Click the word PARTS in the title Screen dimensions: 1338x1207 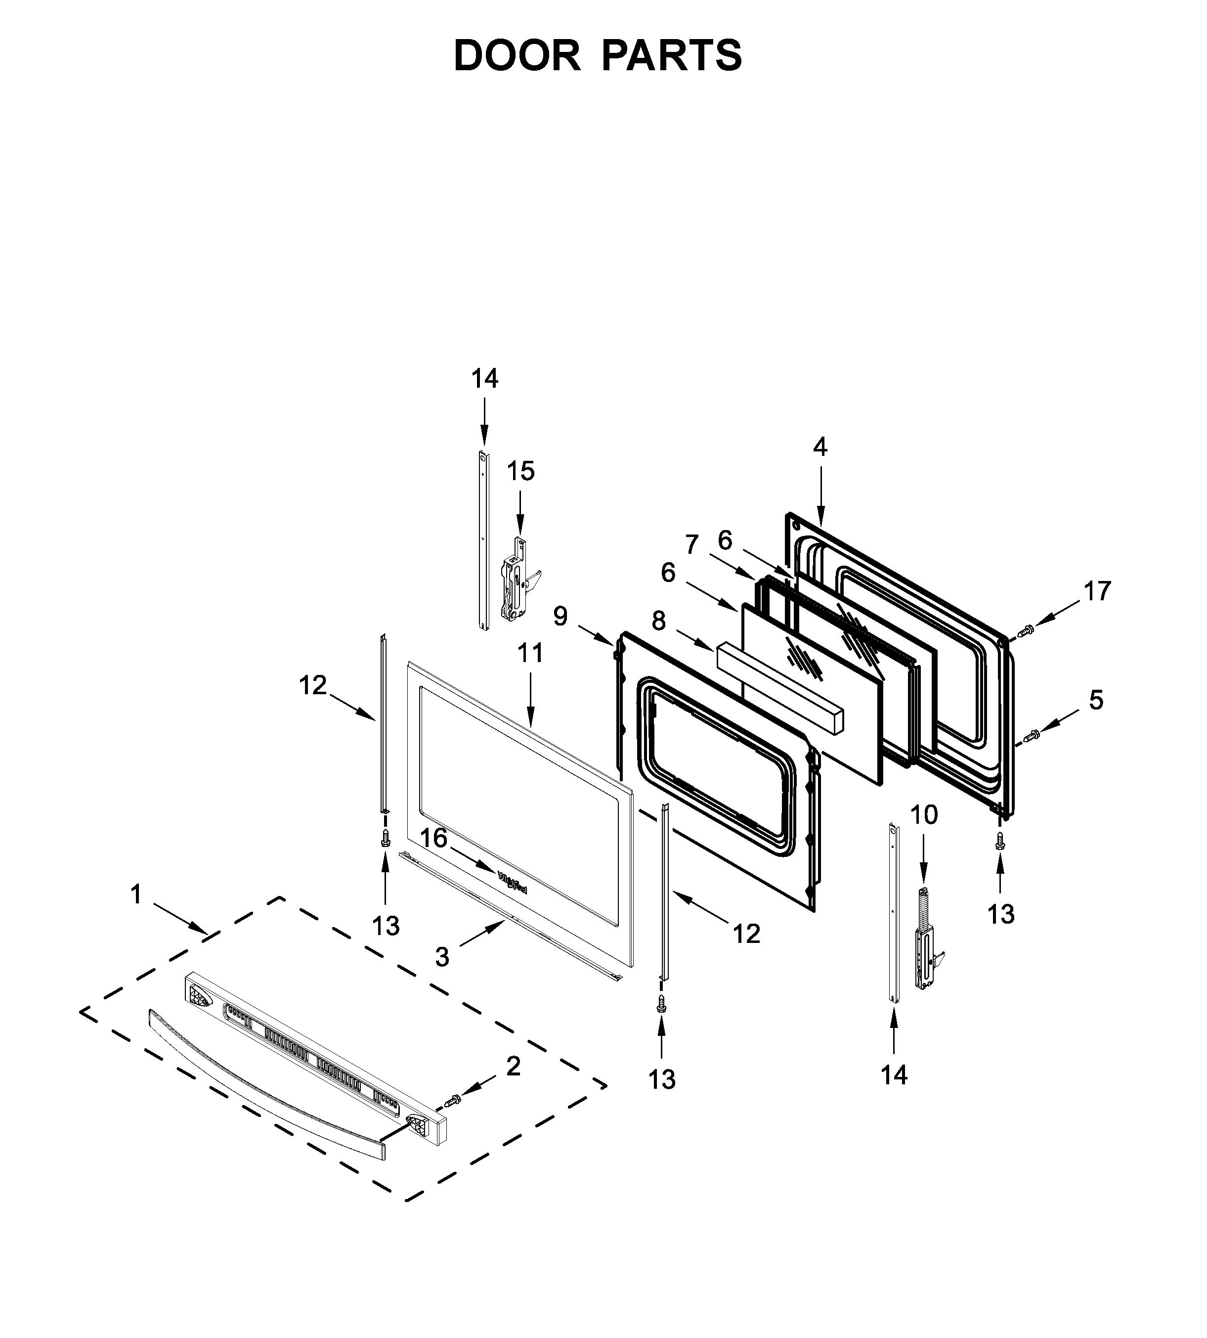[672, 56]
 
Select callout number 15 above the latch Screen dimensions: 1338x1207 [520, 472]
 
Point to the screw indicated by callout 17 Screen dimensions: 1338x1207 [1024, 631]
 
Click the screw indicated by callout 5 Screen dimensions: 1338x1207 [1032, 735]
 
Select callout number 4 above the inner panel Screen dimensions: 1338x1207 [820, 448]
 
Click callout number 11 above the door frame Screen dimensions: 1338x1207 [530, 653]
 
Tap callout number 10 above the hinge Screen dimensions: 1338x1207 [923, 814]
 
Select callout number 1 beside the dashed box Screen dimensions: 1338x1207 [136, 895]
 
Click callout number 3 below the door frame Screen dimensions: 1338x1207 [442, 957]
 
